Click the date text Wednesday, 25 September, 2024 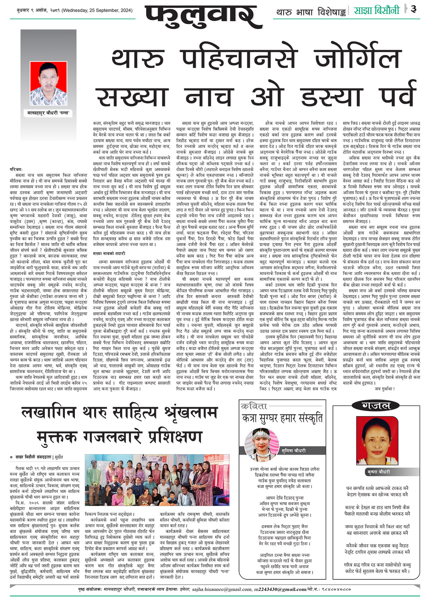click(97, 11)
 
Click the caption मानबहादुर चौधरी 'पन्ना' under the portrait click(49, 113)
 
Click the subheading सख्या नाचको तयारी click(109, 253)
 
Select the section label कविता click(255, 406)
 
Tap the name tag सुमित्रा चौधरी click(293, 450)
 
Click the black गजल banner click(376, 405)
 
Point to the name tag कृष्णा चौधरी click(378, 472)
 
